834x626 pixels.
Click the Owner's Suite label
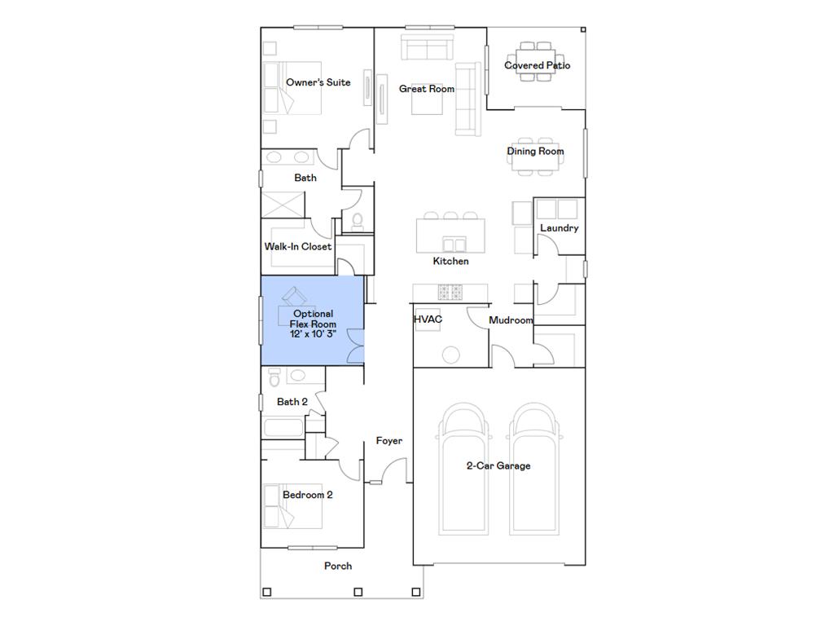click(318, 82)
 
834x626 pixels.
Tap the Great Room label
click(427, 89)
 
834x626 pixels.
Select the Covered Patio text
click(538, 65)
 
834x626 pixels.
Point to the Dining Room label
click(535, 151)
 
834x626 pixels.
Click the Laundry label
click(559, 228)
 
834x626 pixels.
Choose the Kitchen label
click(450, 261)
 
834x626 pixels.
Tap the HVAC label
click(428, 320)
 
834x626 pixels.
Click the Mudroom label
click(511, 320)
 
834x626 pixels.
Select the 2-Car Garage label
click(498, 465)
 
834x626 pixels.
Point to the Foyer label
click(388, 441)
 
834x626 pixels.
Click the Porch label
click(338, 566)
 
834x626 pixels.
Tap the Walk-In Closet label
click(298, 246)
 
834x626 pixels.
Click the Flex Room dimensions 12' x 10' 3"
click(313, 334)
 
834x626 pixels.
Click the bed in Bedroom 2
click(292, 506)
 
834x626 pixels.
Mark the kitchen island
click(450, 235)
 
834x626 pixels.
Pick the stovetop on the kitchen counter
click(450, 293)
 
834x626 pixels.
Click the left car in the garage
click(463, 469)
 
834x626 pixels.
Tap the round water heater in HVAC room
click(451, 355)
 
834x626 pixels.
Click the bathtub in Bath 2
click(283, 428)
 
